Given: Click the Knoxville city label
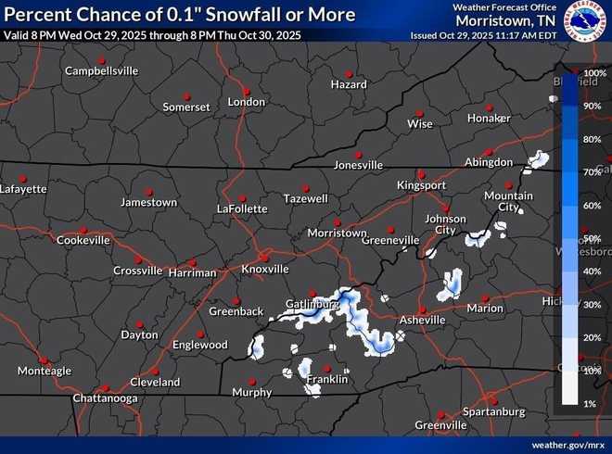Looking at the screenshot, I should click(265, 269).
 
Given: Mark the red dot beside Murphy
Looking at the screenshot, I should click(251, 380).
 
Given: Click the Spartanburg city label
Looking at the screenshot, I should click(493, 410).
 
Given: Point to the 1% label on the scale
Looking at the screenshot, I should click(591, 404).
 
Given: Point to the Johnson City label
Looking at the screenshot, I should click(445, 224).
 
